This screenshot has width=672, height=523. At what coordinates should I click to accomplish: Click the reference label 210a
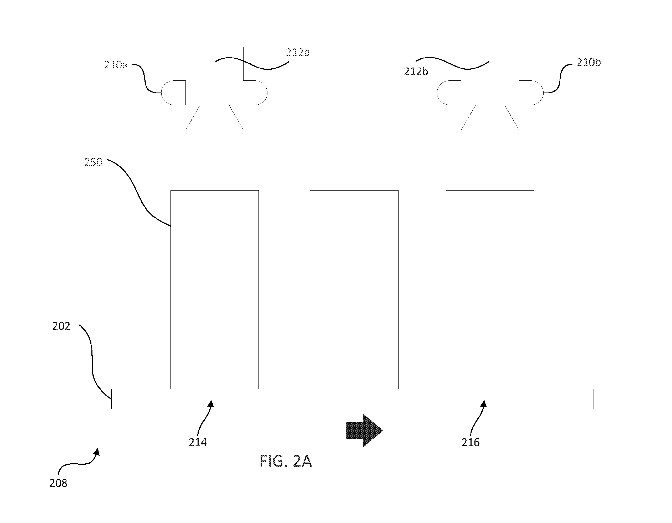point(116,65)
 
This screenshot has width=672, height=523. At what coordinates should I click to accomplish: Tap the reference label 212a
point(298,52)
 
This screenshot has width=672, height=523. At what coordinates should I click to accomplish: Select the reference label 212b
point(416,71)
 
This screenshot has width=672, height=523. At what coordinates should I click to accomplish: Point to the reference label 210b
point(588,63)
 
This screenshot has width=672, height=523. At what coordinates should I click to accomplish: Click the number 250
point(93,162)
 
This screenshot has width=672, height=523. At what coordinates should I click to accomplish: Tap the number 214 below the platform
point(198,442)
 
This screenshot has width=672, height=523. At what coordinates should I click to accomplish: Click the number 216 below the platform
point(471,442)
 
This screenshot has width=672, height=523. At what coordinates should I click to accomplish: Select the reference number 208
point(58,483)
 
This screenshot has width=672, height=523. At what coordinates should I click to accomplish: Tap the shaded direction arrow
point(364,430)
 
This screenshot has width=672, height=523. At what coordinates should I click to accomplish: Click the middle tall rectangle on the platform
point(354,290)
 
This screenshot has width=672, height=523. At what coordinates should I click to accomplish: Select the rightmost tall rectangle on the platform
point(490,290)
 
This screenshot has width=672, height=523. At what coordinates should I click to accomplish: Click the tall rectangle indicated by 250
point(214,290)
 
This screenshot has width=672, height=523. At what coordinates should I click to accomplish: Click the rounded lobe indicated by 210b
point(531,93)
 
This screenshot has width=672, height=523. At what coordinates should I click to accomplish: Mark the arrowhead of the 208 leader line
point(97,452)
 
